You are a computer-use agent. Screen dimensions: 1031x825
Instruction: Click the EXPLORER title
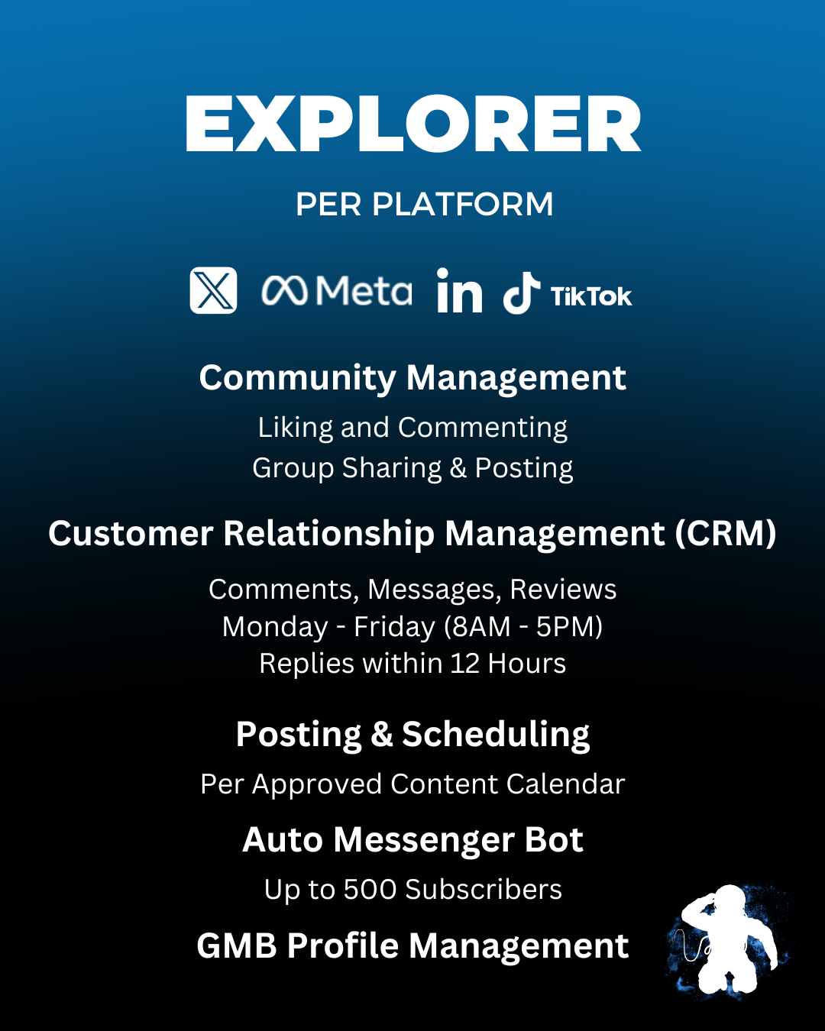point(412,124)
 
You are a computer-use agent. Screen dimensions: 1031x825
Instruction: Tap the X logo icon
point(213,290)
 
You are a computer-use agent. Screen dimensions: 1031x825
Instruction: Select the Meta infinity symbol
point(285,291)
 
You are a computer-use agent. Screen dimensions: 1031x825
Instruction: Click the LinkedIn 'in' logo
point(459,291)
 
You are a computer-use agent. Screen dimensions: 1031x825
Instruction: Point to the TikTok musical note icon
point(522,294)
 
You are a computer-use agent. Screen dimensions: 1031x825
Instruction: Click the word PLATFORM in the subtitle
point(462,205)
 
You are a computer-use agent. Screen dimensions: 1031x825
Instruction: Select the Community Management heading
point(412,378)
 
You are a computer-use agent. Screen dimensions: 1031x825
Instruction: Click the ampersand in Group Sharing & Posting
point(458,468)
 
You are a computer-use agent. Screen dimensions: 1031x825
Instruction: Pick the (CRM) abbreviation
point(726,533)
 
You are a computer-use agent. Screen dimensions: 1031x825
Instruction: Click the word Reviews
point(563,590)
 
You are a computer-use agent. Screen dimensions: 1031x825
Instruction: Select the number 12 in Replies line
point(464,664)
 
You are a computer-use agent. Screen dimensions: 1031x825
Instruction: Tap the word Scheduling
point(496,735)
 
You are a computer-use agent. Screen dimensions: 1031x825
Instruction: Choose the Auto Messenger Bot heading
point(412,840)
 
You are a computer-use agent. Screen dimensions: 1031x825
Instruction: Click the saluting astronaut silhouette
point(726,941)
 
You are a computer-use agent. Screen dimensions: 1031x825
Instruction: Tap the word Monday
point(274,627)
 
